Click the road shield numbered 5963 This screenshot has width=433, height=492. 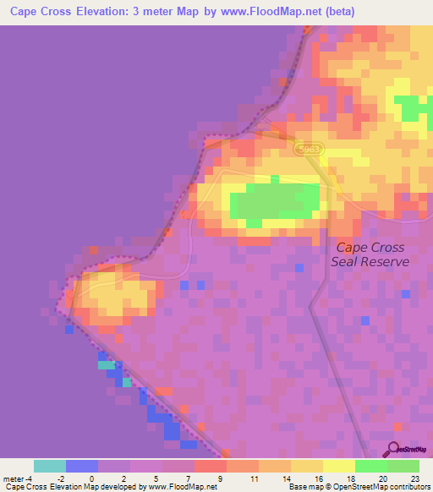point(310,149)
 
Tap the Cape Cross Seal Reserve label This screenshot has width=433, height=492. point(370,254)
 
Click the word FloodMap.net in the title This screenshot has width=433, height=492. point(284,12)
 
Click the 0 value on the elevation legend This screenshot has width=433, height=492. point(91,478)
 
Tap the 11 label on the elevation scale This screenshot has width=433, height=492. point(253,478)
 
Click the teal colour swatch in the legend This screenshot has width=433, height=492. point(50,466)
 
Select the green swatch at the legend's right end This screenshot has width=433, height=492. point(403,466)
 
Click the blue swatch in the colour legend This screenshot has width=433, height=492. point(82,466)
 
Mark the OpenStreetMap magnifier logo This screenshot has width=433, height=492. point(392,450)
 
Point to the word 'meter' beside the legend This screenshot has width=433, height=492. point(14,478)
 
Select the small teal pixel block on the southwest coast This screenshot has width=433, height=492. point(107,366)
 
